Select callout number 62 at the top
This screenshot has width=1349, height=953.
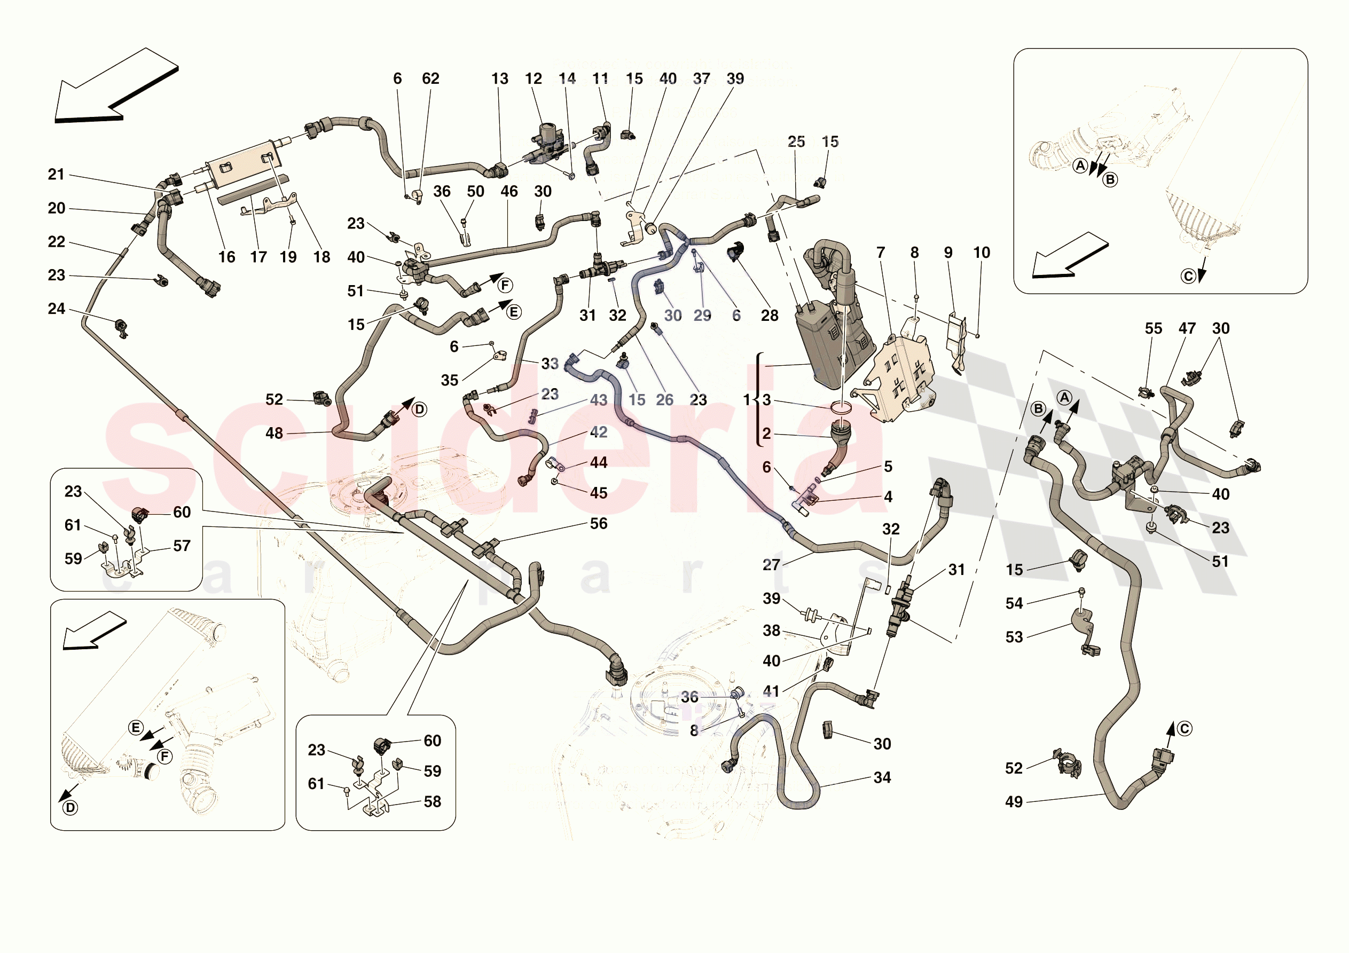[x=430, y=78]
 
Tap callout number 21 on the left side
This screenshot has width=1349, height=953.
[x=57, y=175]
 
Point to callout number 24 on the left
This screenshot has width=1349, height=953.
[x=57, y=309]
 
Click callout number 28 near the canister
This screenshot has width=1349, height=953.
[x=770, y=316]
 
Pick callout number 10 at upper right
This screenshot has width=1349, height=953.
[x=982, y=253]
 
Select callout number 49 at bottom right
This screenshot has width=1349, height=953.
[x=1014, y=802]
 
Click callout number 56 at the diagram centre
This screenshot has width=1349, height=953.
[x=599, y=524]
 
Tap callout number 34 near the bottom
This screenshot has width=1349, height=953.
[x=882, y=778]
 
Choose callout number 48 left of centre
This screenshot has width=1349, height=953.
[x=274, y=434]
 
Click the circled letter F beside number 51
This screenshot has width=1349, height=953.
[x=505, y=286]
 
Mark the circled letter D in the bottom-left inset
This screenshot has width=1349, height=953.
[x=70, y=808]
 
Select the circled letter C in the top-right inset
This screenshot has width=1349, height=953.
[x=1188, y=276]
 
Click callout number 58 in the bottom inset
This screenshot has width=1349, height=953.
[x=433, y=802]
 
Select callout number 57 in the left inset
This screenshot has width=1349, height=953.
[x=182, y=546]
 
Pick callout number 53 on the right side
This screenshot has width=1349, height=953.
[x=1014, y=637]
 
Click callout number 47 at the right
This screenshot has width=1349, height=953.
[x=1187, y=328]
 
